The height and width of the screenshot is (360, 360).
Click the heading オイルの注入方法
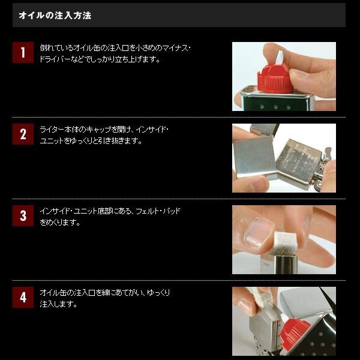(55, 16)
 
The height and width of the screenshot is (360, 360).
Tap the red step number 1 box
(23, 52)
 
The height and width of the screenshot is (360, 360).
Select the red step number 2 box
(23, 134)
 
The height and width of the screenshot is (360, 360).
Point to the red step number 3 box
(23, 215)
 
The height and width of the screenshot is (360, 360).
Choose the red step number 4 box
(23, 297)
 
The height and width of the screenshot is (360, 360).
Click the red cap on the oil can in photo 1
(275, 79)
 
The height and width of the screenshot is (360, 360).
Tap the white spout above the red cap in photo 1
(280, 58)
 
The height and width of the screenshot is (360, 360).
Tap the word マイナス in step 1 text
(175, 48)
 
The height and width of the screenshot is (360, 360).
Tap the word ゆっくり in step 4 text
(158, 293)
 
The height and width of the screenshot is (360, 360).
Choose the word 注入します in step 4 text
(58, 304)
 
